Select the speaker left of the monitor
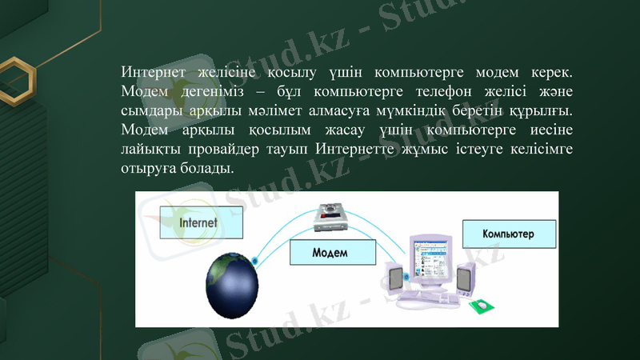pos(394,281)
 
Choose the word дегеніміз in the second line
pos(210,89)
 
